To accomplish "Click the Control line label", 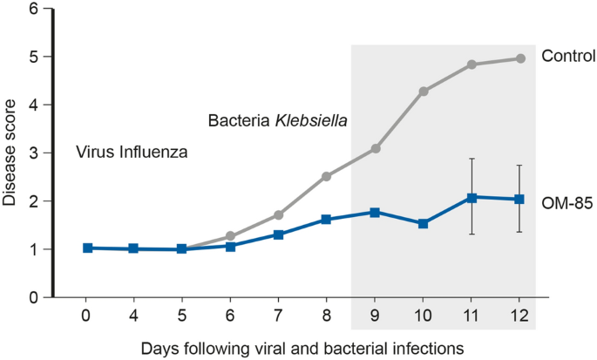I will tap(567, 57).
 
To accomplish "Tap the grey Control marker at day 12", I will tap(520, 58).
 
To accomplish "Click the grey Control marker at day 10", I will tap(424, 91).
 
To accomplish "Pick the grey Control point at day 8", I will tap(326, 176).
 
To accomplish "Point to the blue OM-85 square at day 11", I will tap(471, 198).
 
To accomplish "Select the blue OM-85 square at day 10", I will tap(424, 223).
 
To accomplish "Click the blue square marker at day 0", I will tap(86, 248).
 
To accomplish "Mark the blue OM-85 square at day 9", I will tap(375, 212).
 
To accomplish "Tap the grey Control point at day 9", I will tap(375, 149).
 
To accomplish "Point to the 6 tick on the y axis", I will tap(34, 10).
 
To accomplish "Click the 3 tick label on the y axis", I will tap(34, 153).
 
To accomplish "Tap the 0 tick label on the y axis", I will tap(34, 297).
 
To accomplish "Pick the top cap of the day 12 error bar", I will tap(520, 166).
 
